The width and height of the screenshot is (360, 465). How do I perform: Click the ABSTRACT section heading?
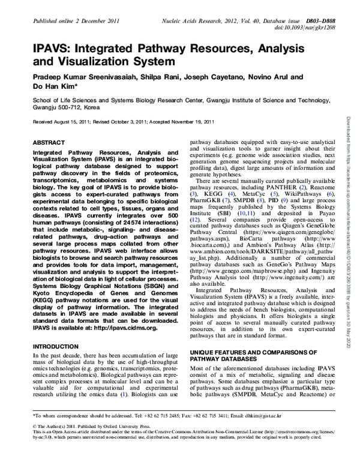pos(45,144)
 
